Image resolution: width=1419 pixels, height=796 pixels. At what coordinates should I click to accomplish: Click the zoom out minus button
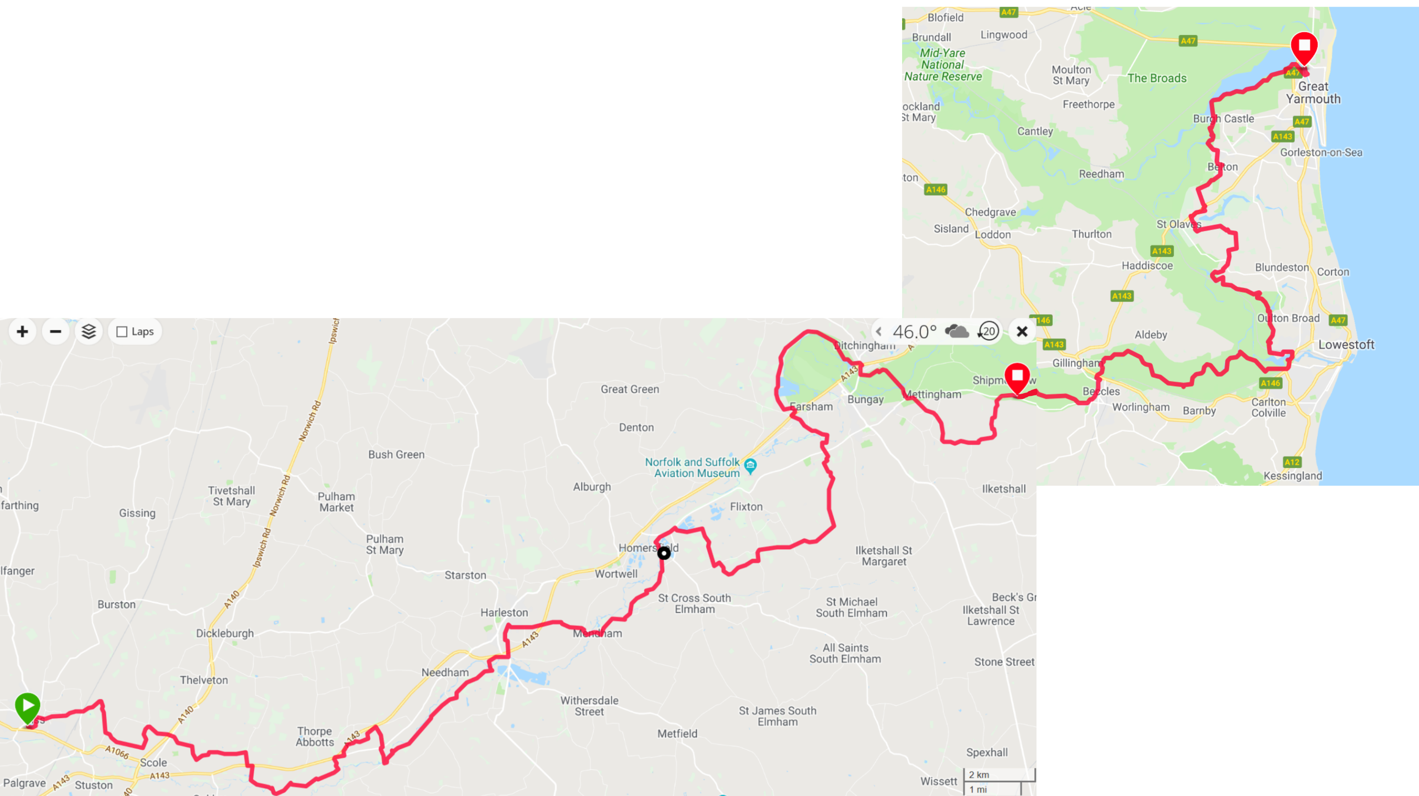tap(56, 331)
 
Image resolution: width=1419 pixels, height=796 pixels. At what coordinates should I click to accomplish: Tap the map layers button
tap(89, 331)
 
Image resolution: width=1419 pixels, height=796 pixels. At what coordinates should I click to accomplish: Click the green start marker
tap(27, 705)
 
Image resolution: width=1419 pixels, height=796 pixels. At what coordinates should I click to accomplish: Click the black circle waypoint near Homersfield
tap(664, 553)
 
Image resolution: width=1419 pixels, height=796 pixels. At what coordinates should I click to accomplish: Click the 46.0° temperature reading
tap(914, 332)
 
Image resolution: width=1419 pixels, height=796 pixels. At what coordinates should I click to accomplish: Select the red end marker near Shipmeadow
tap(1017, 377)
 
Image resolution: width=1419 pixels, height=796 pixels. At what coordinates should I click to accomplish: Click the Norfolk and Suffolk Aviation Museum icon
tap(750, 466)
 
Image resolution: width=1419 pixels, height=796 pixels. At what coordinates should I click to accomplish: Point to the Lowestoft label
tap(1346, 345)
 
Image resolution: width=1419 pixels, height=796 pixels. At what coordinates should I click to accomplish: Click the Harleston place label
tap(504, 612)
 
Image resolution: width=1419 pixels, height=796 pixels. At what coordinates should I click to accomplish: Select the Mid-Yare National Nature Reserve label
tap(943, 64)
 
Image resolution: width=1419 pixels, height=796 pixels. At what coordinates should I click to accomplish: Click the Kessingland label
tap(1292, 476)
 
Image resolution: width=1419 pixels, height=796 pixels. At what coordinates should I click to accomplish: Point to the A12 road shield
tap(1292, 462)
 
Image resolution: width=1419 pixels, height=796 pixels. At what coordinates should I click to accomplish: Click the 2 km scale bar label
tap(979, 775)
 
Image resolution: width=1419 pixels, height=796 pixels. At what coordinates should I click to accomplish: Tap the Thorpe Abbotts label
tap(314, 737)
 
